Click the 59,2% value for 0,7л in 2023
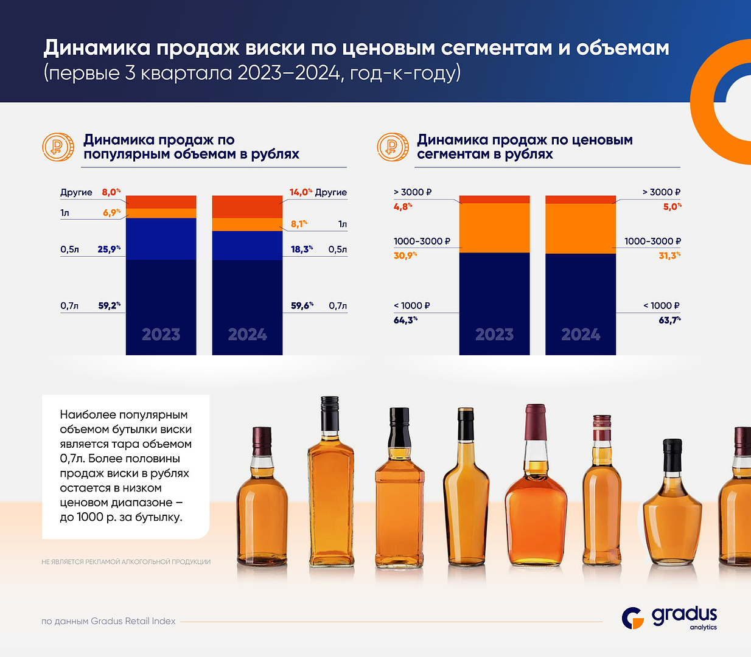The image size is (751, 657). [109, 305]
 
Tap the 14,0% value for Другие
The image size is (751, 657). [301, 192]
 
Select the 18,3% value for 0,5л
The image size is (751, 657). [302, 249]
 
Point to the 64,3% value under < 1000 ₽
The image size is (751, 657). [405, 320]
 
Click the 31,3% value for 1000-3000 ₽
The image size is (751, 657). [669, 255]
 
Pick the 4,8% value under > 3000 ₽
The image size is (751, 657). [403, 207]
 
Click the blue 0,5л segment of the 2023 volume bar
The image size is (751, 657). [161, 238]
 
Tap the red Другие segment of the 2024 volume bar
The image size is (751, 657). [247, 207]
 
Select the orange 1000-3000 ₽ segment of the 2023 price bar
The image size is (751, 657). [494, 228]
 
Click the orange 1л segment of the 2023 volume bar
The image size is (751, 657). [161, 213]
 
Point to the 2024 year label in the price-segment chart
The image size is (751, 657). [581, 335]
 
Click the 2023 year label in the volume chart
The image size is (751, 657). [161, 335]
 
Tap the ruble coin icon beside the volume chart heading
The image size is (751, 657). [58, 147]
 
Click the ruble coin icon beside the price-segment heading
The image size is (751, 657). [393, 147]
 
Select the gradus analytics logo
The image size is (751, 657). [669, 617]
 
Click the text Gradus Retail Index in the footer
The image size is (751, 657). [133, 621]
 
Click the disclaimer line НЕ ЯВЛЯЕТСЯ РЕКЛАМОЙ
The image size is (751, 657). [126, 562]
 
